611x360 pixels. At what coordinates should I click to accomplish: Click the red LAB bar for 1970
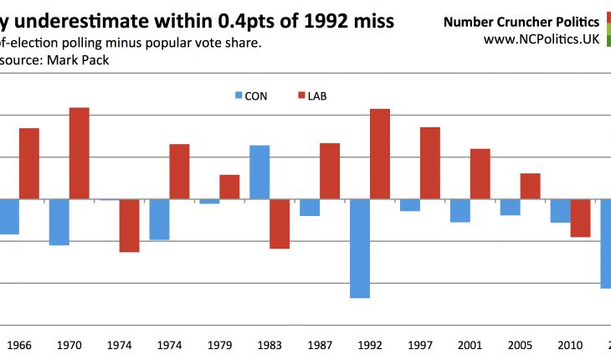[79, 153]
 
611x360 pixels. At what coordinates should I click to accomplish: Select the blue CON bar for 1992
[360, 249]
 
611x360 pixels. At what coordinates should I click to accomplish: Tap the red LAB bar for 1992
[380, 154]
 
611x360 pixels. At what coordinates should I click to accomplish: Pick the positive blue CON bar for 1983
[259, 172]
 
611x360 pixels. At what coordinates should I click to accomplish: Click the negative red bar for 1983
[280, 224]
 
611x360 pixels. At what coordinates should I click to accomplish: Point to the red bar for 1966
[29, 163]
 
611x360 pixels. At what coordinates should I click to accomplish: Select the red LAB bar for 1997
[430, 163]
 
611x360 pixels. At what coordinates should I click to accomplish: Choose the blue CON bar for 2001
[460, 211]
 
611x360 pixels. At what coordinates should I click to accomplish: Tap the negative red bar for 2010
[581, 218]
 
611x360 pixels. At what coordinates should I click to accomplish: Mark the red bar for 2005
[531, 186]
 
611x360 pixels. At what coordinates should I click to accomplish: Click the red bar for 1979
[229, 187]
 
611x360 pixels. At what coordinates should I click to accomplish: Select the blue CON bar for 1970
[59, 222]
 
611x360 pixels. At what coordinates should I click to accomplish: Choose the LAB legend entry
[311, 96]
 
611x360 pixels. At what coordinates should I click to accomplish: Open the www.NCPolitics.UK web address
[541, 39]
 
